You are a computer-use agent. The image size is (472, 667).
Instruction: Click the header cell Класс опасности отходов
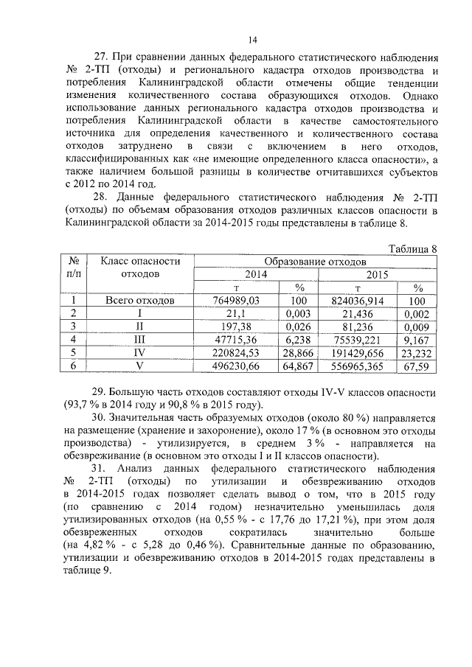[140, 268]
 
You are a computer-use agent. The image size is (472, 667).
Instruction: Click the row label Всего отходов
[140, 301]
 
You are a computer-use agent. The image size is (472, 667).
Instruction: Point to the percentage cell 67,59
[417, 364]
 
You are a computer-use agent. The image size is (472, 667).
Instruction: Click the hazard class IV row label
[140, 352]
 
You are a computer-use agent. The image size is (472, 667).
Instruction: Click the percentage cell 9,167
[417, 339]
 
